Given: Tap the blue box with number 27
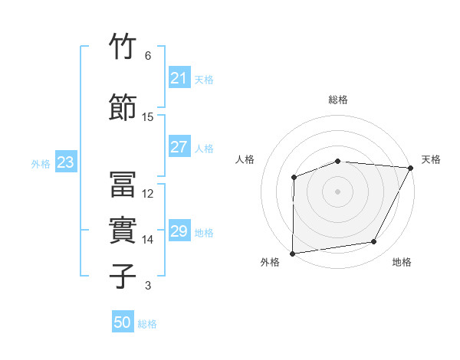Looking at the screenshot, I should [x=179, y=147].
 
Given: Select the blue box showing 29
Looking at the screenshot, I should [x=179, y=231].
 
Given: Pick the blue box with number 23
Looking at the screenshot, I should [x=65, y=162].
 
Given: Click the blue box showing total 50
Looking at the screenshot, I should [x=123, y=322].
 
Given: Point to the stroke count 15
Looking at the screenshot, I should [x=148, y=117].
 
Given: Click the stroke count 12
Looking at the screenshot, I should [x=148, y=194].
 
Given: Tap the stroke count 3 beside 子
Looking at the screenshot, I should [x=148, y=286].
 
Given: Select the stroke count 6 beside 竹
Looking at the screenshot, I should [x=148, y=56].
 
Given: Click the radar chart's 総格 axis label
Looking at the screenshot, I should [x=338, y=100].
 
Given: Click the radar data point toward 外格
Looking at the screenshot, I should [x=292, y=253].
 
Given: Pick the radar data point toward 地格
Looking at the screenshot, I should [x=374, y=242].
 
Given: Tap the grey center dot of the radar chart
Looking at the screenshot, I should [x=337, y=191].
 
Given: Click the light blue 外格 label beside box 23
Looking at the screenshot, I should [x=40, y=163].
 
